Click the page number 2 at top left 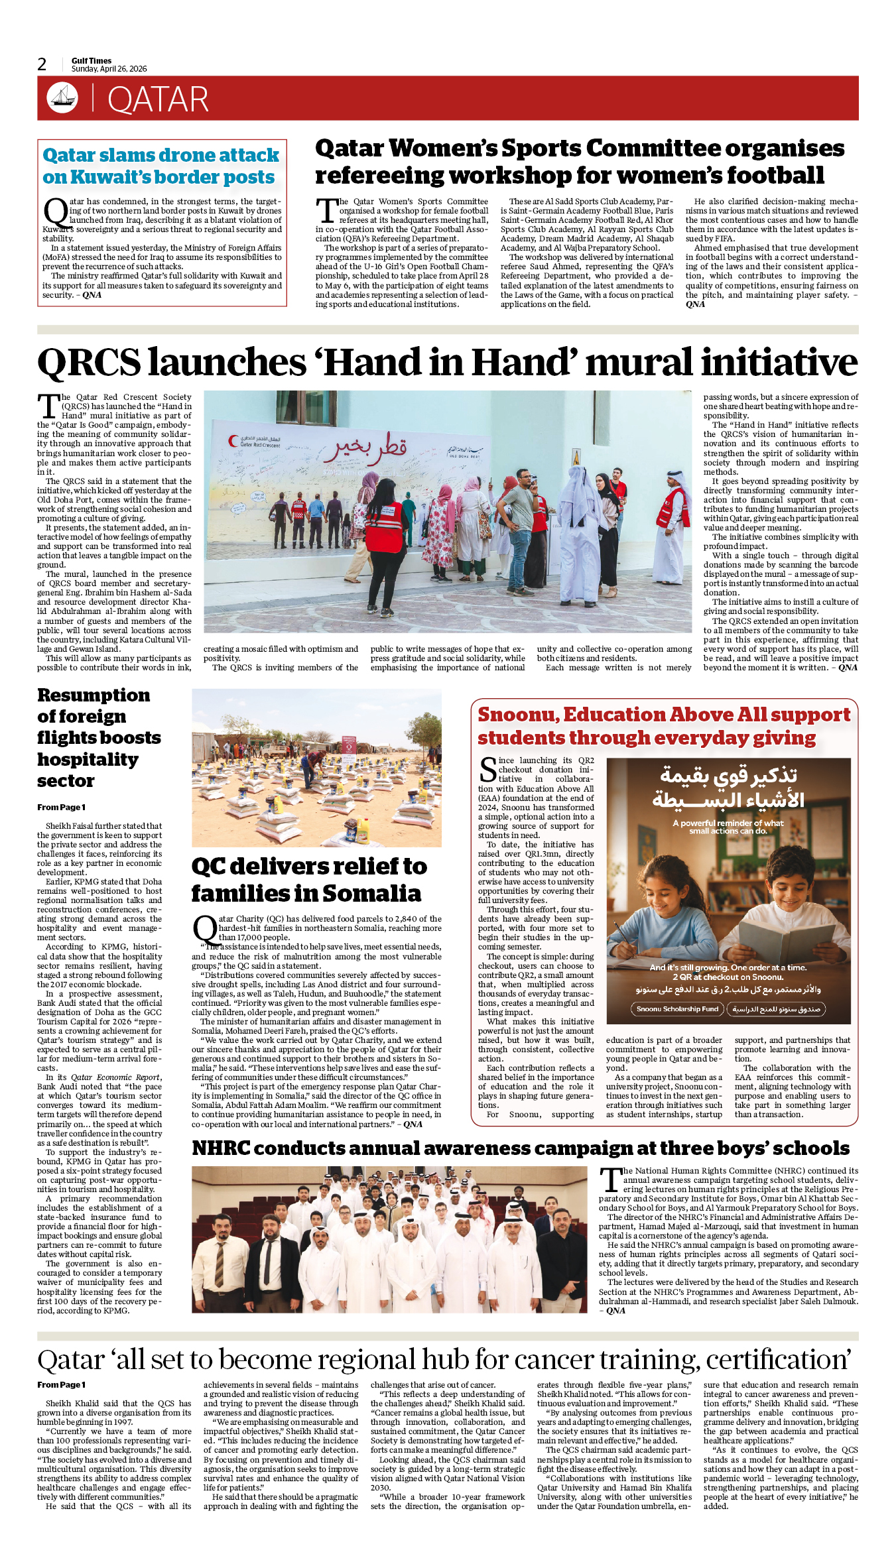[42, 64]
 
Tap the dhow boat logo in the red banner [62, 98]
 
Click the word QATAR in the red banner [158, 100]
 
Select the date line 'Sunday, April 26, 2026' [109, 69]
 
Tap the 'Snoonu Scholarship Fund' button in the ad [677, 1009]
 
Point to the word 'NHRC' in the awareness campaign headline [221, 1148]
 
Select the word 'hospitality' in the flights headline [88, 760]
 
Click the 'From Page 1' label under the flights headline [61, 808]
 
